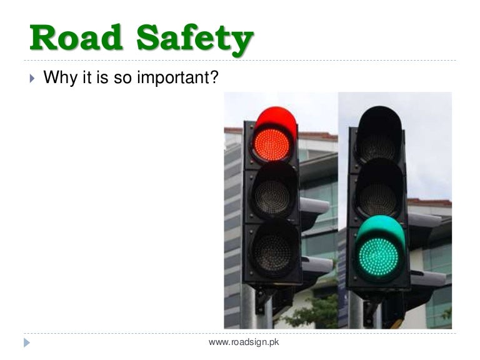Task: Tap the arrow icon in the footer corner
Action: point(26,342)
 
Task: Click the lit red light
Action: point(272,144)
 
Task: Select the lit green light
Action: point(378,256)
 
